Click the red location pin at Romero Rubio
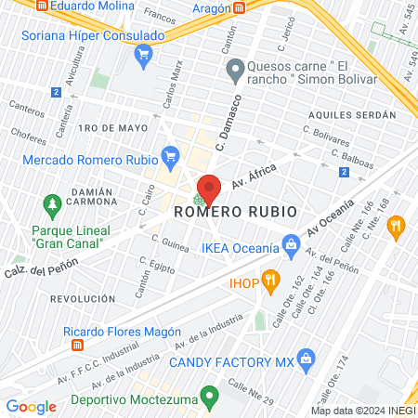click(x=209, y=189)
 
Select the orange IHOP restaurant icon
click(x=270, y=278)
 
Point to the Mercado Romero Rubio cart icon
click(x=169, y=154)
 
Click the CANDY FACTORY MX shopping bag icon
click(x=307, y=359)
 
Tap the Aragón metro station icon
click(x=240, y=7)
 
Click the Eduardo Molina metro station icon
click(x=39, y=4)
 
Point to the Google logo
click(x=31, y=406)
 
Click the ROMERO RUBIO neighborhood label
click(x=236, y=212)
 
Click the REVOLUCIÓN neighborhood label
click(x=83, y=299)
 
